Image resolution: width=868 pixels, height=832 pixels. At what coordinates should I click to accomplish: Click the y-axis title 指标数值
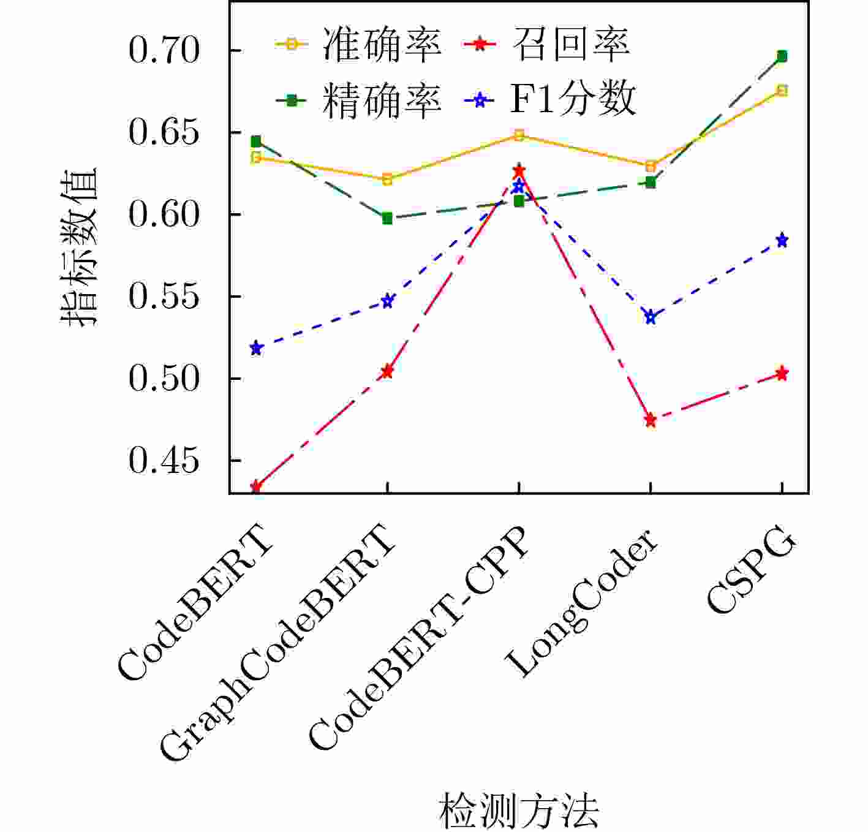point(79,246)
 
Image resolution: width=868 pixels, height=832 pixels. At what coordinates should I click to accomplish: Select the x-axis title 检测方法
point(518,810)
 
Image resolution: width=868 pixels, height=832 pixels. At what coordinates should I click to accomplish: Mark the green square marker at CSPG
point(782,56)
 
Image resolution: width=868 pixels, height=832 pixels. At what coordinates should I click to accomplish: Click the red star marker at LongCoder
point(651,420)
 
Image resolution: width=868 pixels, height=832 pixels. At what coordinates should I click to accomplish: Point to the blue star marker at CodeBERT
point(257,349)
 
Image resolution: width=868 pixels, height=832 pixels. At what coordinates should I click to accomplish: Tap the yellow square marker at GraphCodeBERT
point(387,180)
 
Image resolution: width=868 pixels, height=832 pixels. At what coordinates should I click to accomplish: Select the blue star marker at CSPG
point(782,240)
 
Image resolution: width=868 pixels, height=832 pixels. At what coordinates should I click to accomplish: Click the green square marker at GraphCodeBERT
point(387,219)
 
